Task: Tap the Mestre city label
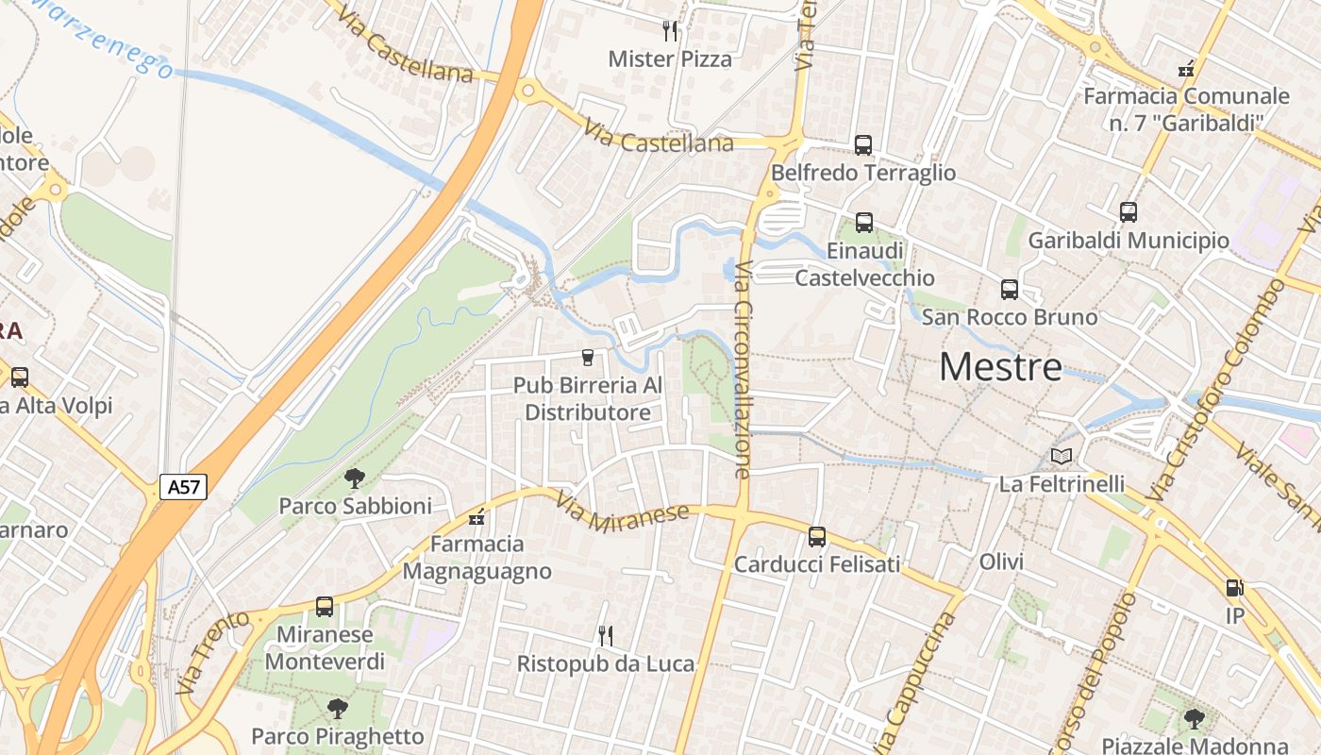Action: [1000, 367]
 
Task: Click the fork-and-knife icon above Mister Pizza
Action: [670, 30]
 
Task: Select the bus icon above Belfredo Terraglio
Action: [863, 144]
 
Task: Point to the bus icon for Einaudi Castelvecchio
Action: [864, 223]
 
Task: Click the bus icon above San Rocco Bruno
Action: [1010, 289]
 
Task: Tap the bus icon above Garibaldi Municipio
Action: [1129, 212]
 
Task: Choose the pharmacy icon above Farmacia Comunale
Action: [1186, 68]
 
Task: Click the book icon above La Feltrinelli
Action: [1062, 457]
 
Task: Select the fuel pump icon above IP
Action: [1234, 588]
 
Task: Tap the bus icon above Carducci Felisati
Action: [817, 537]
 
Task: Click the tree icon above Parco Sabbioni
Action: [354, 478]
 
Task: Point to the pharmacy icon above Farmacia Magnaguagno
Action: [477, 517]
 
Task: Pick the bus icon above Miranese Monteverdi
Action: [325, 607]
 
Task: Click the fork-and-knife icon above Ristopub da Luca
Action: [606, 636]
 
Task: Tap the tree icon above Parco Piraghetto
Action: [337, 709]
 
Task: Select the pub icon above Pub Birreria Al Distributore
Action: [588, 358]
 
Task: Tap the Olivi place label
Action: [1001, 562]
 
